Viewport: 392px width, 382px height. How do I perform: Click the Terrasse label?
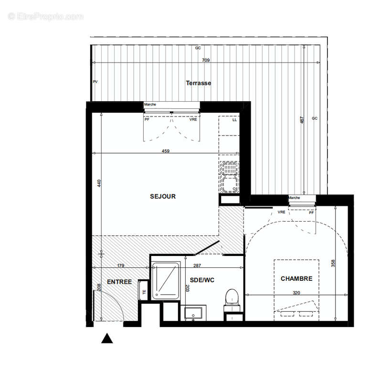(x=198, y=83)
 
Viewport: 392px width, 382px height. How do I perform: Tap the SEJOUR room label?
(x=163, y=196)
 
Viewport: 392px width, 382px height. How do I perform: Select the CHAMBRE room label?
(x=296, y=279)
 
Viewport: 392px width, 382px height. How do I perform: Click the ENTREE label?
(x=119, y=282)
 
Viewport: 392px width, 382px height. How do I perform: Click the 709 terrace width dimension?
(x=206, y=61)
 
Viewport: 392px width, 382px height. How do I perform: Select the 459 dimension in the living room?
(x=166, y=151)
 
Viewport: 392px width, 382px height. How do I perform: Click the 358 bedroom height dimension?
(x=334, y=263)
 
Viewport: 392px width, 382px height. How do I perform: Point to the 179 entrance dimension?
(x=120, y=265)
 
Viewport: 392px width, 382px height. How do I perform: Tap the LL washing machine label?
(x=234, y=120)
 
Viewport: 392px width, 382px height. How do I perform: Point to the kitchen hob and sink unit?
(x=230, y=176)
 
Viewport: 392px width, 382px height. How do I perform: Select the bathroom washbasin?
(x=194, y=314)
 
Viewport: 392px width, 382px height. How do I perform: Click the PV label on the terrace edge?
(x=95, y=82)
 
